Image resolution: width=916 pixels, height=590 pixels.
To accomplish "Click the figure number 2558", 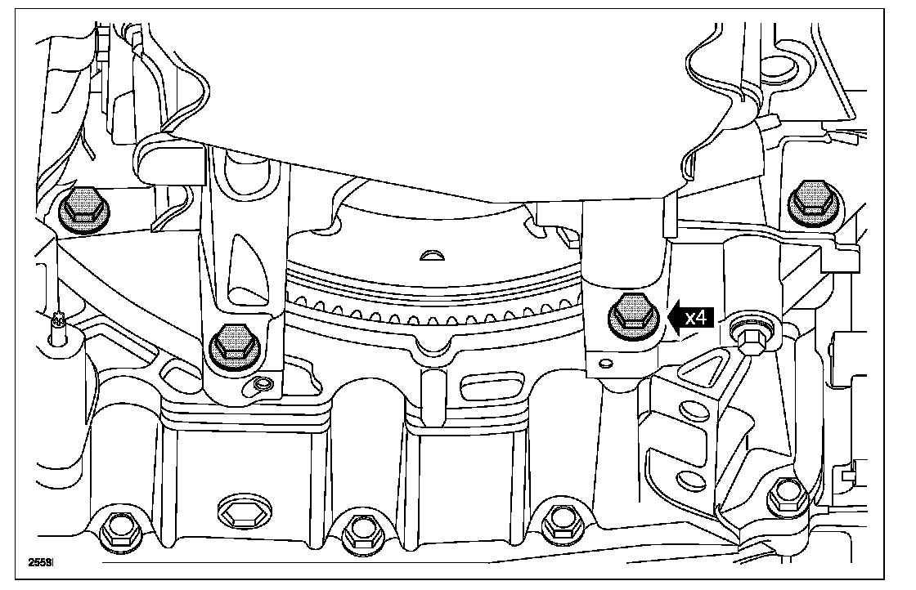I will pos(41,562).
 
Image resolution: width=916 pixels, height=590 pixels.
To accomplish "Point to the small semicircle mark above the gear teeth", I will pos(431,256).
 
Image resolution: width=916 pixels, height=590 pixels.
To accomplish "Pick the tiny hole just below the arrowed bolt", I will pos(605,363).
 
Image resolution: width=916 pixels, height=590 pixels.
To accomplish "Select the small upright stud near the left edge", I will pos(56,328).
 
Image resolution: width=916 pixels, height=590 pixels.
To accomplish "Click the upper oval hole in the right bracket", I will pos(692,413).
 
